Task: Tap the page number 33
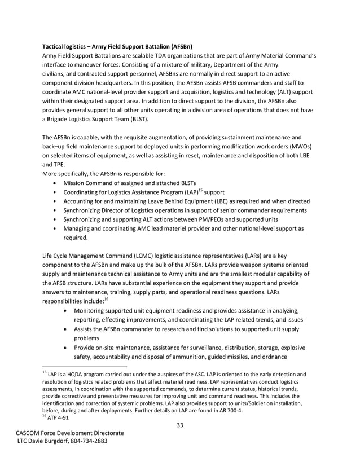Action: (180, 425)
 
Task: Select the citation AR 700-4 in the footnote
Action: (229, 410)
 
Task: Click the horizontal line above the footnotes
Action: (85, 366)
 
